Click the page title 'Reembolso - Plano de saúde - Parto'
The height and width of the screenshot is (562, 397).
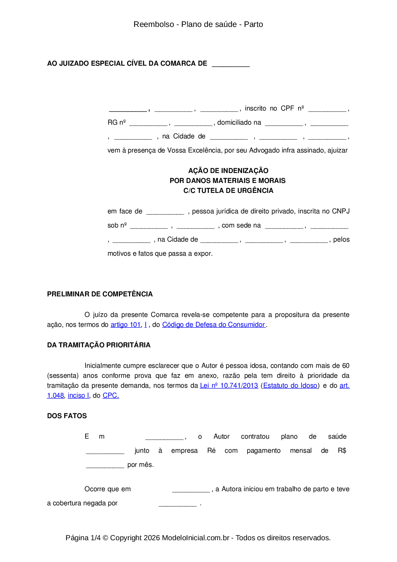pos(198,24)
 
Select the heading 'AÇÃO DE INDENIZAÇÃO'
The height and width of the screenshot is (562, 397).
pos(228,170)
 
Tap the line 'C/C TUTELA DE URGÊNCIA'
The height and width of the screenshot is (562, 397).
pos(228,191)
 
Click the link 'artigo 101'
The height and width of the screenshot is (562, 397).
pos(126,325)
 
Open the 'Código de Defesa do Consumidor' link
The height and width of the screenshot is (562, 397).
pos(214,325)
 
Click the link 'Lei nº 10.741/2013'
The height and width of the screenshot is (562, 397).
pos(229,385)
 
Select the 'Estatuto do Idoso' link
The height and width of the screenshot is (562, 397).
pos(290,385)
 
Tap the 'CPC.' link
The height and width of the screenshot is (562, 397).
pos(111,395)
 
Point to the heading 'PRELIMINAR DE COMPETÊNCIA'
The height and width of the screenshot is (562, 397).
pos(100,294)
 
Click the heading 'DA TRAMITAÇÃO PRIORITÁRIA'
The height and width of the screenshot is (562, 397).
pos(99,345)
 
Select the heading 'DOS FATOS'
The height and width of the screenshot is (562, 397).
pos(67,416)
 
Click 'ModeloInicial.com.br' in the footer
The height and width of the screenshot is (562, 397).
pos(196,538)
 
